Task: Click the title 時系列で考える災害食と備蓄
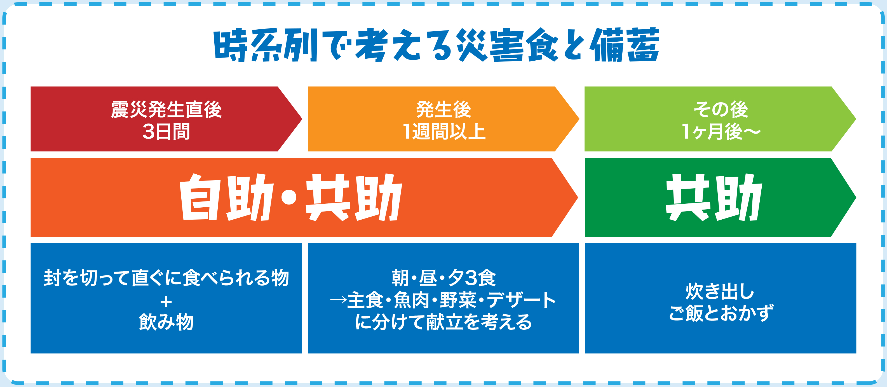pos(436,45)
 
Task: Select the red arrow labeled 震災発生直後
pos(166,119)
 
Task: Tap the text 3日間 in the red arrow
pos(166,132)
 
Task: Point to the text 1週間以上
pos(444,132)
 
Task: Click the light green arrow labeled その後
pos(720,119)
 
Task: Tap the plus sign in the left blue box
pos(166,302)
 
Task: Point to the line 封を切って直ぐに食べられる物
pos(166,278)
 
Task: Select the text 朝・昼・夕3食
pos(444,278)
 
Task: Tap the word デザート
pos(522,300)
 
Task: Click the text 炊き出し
pos(720,291)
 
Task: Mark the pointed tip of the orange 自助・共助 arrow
pos(578,198)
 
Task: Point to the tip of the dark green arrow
pos(856,198)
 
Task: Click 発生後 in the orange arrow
pos(444,110)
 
